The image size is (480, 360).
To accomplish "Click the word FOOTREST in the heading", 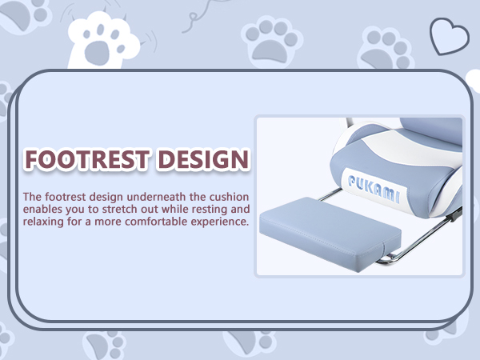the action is pos(87,159).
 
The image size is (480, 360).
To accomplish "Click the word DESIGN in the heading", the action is pos(203,159).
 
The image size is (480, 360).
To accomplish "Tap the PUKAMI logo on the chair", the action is pos(374,188).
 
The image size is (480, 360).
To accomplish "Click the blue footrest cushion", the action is pos(330,234).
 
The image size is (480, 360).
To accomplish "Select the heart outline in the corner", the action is pos(449,37).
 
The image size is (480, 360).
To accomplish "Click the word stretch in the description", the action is pos(120,209).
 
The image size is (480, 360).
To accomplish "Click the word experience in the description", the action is pos(220,222).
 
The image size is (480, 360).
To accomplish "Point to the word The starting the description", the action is pos(32,197).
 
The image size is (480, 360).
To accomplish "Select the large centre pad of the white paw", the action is pos(97,52).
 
